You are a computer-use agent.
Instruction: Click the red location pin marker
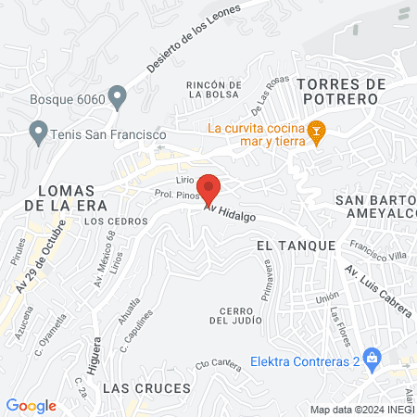click(x=209, y=188)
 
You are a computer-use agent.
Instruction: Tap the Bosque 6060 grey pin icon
click(x=118, y=95)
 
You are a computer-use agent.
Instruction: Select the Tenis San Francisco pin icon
click(x=38, y=133)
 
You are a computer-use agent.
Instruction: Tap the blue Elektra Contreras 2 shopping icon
click(x=373, y=357)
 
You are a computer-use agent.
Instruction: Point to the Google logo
click(x=32, y=405)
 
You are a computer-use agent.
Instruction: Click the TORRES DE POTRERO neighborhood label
click(x=342, y=90)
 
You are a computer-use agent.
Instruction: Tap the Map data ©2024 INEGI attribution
click(x=361, y=409)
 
